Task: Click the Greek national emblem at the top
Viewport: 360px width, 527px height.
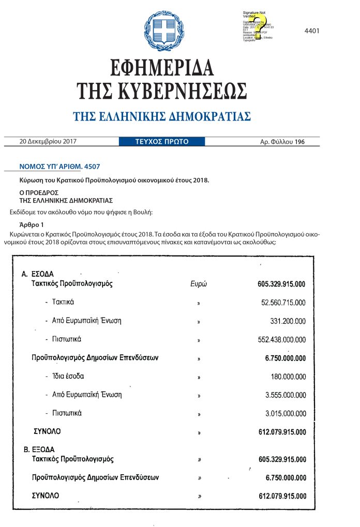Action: tap(163, 29)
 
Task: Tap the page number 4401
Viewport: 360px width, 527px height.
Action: tap(312, 31)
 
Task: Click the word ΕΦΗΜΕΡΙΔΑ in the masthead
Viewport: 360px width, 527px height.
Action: tap(162, 68)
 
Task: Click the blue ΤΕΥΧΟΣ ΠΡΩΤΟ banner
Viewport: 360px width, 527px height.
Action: tap(161, 141)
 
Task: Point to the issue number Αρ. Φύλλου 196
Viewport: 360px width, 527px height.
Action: tap(290, 141)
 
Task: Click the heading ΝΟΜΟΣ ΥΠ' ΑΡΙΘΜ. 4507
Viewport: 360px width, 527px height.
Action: tap(59, 167)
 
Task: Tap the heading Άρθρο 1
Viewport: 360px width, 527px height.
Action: tap(32, 224)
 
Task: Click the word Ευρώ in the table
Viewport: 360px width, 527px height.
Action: tap(199, 284)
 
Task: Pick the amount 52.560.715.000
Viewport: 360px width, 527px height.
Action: tap(283, 303)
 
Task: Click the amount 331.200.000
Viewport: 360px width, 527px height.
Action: tap(288, 321)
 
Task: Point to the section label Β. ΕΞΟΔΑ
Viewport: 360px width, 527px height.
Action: tap(39, 449)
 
